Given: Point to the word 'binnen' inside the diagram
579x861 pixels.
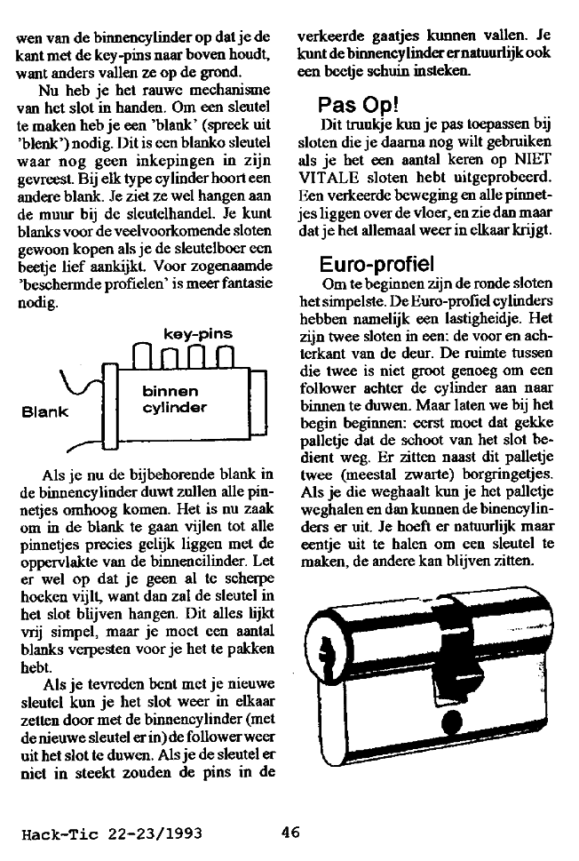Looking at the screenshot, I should coord(169,391).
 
